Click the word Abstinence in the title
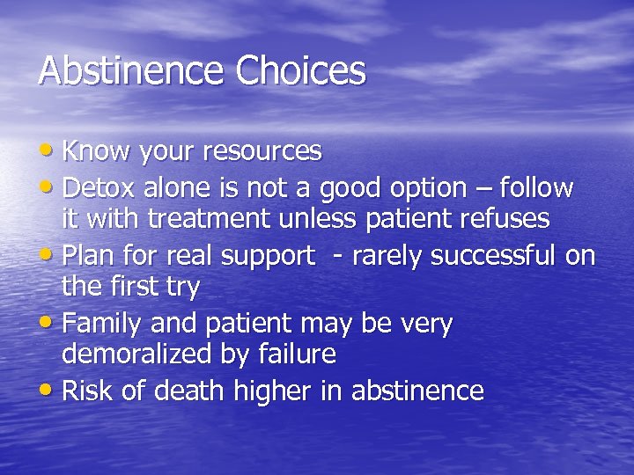point(131,71)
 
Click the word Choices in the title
point(299,71)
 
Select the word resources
point(262,152)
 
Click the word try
point(184,288)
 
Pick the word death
point(200,391)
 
